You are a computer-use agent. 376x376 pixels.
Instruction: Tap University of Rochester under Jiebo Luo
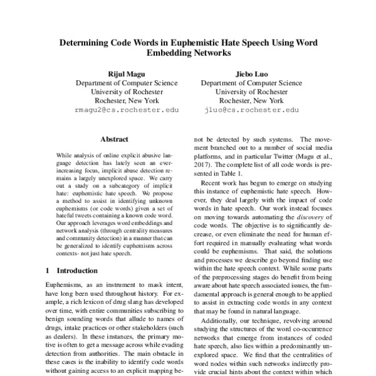point(248,91)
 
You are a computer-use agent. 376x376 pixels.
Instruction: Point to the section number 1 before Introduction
point(49,271)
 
